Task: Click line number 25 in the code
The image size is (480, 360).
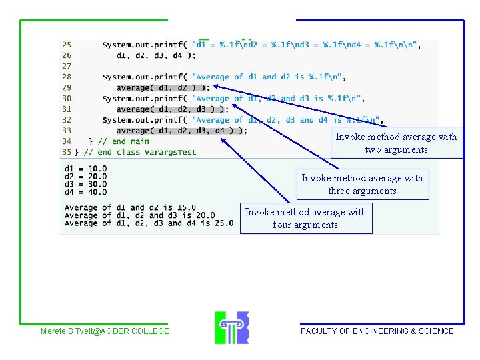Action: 66,45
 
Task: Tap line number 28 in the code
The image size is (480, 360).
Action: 66,77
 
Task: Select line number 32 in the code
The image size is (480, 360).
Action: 66,120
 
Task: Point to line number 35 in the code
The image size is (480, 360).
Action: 66,152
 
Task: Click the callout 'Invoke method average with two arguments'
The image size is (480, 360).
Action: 396,143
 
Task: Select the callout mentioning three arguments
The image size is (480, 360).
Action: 362,184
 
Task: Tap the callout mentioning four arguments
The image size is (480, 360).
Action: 305,218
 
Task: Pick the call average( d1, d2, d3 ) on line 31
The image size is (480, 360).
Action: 173,109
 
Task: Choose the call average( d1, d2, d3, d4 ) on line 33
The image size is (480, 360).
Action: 181,131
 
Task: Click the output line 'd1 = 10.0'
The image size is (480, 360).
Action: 85,169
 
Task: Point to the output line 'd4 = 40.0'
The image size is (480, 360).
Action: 85,193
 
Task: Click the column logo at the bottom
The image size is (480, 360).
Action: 231,327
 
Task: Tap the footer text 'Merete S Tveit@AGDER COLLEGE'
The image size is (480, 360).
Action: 105,331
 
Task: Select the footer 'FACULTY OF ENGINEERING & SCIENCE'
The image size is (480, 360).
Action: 377,331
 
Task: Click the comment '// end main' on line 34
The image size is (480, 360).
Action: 123,141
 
